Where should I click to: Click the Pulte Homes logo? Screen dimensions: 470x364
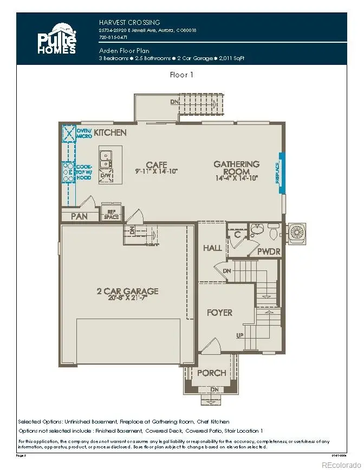(x=57, y=38)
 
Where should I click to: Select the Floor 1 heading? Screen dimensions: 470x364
(x=181, y=75)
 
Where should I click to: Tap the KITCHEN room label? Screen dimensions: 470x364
(x=110, y=133)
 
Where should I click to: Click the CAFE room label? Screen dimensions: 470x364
(x=157, y=164)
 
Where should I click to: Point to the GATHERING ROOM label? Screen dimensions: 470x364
(x=236, y=167)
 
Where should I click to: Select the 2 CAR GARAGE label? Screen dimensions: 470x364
(x=127, y=291)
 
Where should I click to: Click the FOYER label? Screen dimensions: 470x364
(x=219, y=313)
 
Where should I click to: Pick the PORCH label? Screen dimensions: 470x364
(x=211, y=373)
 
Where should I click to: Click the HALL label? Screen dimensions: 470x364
(x=212, y=248)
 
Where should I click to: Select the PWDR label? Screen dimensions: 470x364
(x=268, y=251)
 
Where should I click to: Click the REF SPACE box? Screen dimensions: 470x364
(x=111, y=214)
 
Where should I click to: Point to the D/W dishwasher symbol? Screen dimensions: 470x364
(x=106, y=175)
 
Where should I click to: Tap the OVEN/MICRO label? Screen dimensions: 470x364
(x=84, y=133)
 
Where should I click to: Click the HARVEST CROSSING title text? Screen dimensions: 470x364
(x=129, y=23)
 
